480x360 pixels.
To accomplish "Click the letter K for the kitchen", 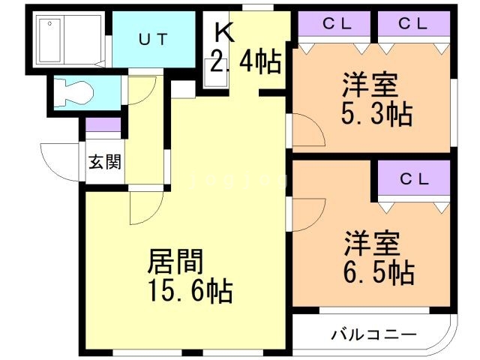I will coord(223,32).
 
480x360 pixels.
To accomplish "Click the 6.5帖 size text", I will coord(378,271).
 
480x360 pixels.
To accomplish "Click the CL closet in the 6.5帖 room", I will coord(413,180).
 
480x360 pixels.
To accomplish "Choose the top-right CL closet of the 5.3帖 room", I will coord(413,23).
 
